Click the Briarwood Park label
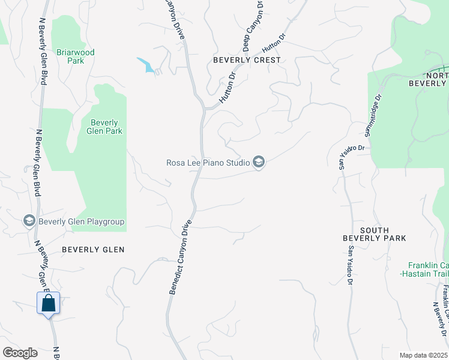pos(76,56)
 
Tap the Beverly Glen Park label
pos(105,127)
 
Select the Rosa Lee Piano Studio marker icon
pos(259,163)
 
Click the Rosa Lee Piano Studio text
pos(208,162)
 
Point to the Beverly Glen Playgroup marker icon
pos(29,221)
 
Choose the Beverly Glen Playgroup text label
pos(82,221)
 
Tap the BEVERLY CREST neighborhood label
pos(247,60)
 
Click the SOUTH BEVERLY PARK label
pos(374,234)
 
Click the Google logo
pos(20,353)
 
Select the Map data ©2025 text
pos(423,355)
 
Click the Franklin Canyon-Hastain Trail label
pos(428,269)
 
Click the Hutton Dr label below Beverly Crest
pos(226,89)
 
